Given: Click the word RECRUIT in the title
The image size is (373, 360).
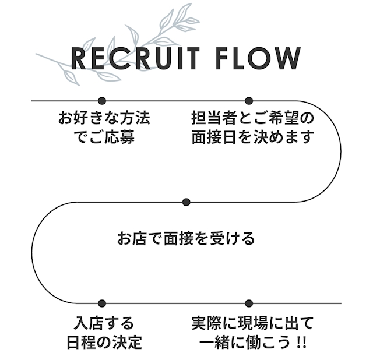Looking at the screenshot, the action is pos(135,58).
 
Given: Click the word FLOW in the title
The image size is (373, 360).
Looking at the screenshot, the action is pos(258,58).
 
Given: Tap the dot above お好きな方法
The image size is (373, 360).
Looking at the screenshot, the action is pos(102,101).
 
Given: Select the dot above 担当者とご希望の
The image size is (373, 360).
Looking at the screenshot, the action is pos(249,101).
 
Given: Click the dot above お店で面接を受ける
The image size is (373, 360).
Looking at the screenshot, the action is pos(186,202).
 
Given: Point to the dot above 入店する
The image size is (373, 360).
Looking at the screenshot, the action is pos(102,303).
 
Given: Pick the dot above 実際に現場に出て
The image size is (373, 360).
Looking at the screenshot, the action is pos(249,303).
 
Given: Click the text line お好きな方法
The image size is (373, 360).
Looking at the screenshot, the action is pos(104,118).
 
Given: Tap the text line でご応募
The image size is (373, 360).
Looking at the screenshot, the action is pos(104,137).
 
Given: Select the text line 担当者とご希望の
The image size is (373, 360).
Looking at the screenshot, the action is pos(253,118).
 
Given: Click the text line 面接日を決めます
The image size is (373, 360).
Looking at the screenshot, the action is pos(253,137).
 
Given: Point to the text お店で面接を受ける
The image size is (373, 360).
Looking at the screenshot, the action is pos(186,238).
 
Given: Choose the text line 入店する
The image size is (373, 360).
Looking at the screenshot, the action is pos(104,323).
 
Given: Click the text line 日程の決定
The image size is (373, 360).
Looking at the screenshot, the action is pos(104,342).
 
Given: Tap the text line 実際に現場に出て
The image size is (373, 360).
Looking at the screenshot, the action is pos(252,323).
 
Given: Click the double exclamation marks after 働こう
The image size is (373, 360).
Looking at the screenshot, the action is pos(302,343).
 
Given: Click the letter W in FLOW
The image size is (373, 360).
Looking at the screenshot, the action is pos(287,58).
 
